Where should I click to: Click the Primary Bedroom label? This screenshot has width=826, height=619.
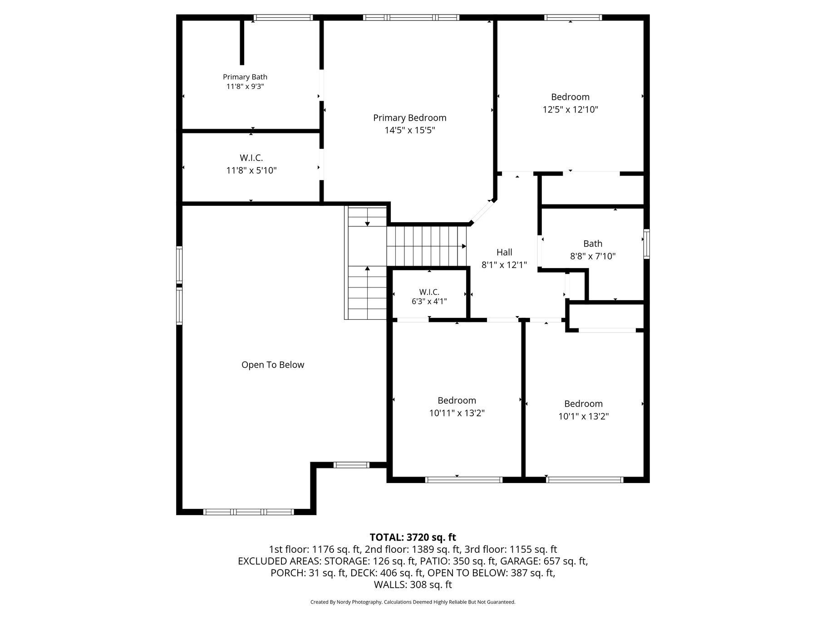click(x=410, y=118)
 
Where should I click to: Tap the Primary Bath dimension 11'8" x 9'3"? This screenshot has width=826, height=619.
click(x=245, y=87)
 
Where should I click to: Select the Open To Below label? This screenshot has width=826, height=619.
click(x=273, y=365)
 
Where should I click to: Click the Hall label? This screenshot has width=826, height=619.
click(x=504, y=253)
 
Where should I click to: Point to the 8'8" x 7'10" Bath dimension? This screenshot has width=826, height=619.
click(x=593, y=256)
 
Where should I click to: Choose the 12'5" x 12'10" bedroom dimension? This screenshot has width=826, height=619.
click(x=570, y=110)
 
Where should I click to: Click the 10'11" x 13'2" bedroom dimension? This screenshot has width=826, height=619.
click(x=457, y=413)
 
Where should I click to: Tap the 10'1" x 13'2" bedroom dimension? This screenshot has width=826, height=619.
click(x=584, y=416)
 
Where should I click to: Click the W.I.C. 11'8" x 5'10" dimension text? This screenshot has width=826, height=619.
click(x=251, y=171)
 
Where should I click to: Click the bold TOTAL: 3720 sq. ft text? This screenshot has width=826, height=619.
click(x=413, y=537)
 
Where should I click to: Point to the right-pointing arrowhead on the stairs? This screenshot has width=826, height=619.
click(x=464, y=246)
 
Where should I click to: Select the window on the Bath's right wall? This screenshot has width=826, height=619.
click(x=647, y=244)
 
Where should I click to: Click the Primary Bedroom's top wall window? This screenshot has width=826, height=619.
click(x=411, y=18)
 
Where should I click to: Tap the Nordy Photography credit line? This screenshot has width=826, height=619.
click(x=413, y=602)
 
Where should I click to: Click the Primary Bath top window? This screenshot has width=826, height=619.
click(x=283, y=18)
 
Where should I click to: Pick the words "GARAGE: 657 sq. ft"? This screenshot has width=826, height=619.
click(x=546, y=561)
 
